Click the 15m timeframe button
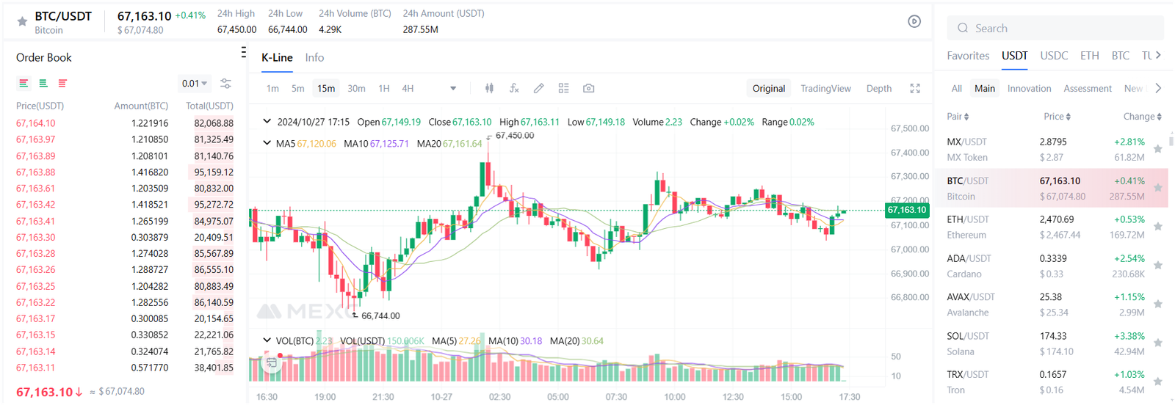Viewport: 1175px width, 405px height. point(326,89)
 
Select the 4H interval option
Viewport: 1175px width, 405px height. point(408,89)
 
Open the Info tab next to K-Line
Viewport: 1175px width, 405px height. point(314,58)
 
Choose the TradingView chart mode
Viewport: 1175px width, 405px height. point(825,89)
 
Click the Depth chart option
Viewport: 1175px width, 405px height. point(878,89)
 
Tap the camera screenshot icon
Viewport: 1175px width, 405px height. point(588,88)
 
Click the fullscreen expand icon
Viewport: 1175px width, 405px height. point(915,88)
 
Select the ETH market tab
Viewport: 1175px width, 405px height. point(1089,56)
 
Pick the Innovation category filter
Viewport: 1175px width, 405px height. point(1029,89)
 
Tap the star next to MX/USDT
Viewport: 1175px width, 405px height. point(1158,149)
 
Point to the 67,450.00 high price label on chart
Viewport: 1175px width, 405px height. point(515,136)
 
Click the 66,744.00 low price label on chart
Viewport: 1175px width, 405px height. point(380,316)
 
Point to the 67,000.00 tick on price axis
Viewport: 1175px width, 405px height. point(909,249)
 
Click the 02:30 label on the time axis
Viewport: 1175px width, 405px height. point(499,397)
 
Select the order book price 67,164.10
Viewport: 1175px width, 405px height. point(36,123)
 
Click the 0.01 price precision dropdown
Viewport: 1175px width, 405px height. point(195,84)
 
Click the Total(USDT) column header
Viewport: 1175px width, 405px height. point(209,106)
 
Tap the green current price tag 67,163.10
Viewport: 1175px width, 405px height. point(907,210)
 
